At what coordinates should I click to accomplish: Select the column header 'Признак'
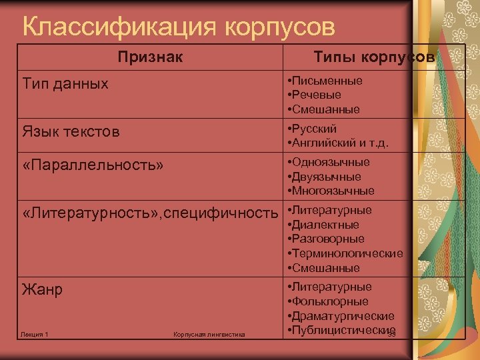pyautogui.click(x=150, y=57)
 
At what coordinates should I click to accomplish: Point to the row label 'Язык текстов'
pyautogui.click(x=71, y=131)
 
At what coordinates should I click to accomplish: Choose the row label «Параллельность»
pyautogui.click(x=93, y=165)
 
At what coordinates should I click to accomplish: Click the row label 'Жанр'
pyautogui.click(x=42, y=290)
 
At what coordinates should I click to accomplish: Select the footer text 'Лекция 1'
pyautogui.click(x=35, y=333)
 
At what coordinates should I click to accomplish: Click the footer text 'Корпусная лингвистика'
pyautogui.click(x=209, y=333)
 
